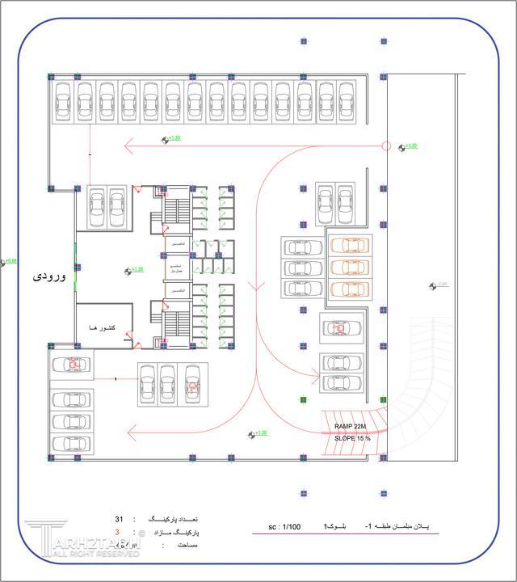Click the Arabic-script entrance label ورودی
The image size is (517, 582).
tap(48, 276)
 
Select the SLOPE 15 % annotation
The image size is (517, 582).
tap(352, 438)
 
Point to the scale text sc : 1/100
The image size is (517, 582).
tap(284, 527)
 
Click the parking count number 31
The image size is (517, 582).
tap(119, 519)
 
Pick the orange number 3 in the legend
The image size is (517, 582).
tap(117, 532)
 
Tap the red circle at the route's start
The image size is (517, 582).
tap(386, 146)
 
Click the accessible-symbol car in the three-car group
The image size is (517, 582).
tap(192, 383)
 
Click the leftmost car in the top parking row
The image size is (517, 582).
tap(64, 102)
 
